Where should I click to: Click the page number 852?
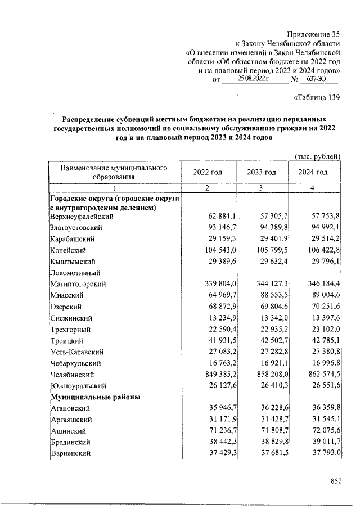coord(336,481)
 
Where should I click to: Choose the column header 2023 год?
coord(262,172)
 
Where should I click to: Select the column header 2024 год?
coord(314,172)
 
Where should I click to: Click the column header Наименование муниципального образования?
coord(115,172)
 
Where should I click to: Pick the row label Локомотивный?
coord(75,273)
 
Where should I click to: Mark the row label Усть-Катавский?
coord(76,352)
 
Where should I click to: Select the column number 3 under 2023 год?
coord(262,188)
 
